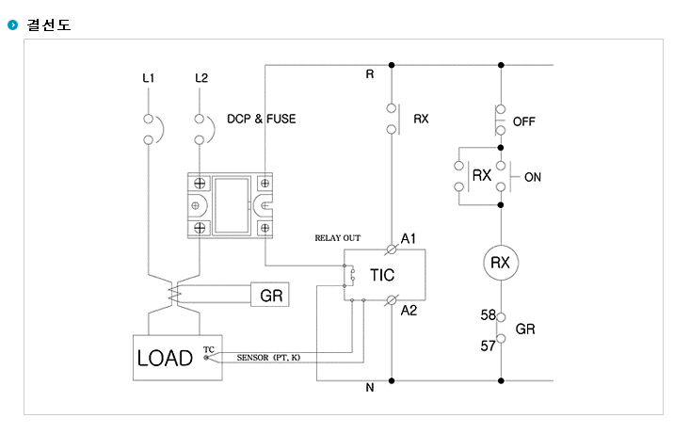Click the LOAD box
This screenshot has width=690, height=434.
177,358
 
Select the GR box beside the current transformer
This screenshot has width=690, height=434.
270,295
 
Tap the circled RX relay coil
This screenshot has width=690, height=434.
501,263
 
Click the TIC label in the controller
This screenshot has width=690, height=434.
382,275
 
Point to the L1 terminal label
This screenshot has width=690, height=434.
149,78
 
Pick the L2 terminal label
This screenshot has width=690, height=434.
201,78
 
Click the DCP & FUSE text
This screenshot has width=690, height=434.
262,119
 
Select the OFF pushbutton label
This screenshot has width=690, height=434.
524,121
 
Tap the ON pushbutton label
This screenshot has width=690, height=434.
533,177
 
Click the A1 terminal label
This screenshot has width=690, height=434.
408,238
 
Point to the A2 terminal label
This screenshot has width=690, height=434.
409,311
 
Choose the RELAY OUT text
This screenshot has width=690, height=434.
338,238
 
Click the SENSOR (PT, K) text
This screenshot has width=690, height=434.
268,358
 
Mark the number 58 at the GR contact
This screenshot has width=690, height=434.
488,314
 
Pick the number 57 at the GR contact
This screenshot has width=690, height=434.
488,346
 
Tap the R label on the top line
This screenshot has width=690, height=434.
370,74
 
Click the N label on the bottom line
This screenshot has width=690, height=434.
370,387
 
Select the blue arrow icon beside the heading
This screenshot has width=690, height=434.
13,24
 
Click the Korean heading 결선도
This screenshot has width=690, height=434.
48,24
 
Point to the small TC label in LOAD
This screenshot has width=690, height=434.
209,349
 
